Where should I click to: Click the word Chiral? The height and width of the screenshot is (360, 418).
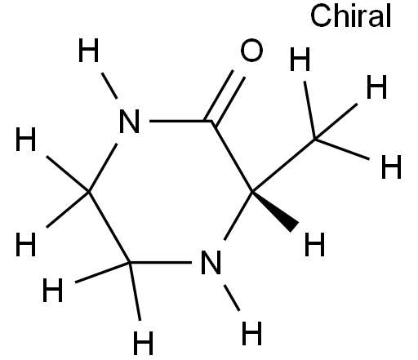(350, 16)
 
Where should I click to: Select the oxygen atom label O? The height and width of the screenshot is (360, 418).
(251, 50)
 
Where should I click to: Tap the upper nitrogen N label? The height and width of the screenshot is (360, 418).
(130, 121)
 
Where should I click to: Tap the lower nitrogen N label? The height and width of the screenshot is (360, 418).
(211, 262)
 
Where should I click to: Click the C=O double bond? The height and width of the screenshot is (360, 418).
(225, 98)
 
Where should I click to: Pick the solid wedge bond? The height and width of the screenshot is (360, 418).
(275, 211)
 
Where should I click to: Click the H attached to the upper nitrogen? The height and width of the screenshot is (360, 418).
(88, 50)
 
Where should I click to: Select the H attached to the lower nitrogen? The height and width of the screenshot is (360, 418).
(251, 333)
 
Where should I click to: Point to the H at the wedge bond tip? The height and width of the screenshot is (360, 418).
(314, 244)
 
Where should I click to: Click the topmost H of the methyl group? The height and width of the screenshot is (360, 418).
(300, 59)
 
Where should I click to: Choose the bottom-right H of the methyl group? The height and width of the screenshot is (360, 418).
(391, 167)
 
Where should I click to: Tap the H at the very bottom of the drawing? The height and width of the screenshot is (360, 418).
(144, 343)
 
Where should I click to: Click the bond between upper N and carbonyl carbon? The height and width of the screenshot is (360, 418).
(180, 121)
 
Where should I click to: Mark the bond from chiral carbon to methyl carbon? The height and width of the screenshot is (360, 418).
(283, 166)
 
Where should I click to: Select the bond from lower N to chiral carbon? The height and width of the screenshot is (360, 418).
(238, 216)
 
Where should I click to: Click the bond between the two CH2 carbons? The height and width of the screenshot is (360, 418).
(109, 227)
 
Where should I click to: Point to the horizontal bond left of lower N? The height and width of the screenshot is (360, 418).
(161, 262)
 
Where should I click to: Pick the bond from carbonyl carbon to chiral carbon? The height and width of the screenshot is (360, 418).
(232, 157)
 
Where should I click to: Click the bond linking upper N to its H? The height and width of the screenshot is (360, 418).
(109, 86)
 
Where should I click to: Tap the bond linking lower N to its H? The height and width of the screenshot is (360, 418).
(232, 298)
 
